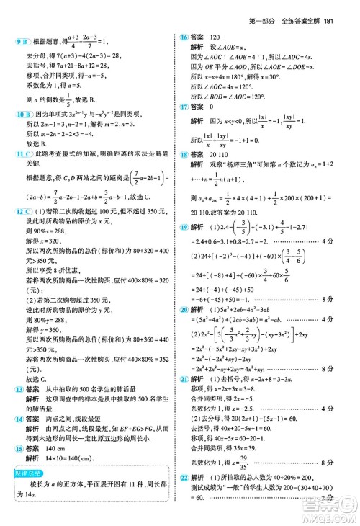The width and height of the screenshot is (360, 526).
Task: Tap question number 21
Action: [x=184, y=396]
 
